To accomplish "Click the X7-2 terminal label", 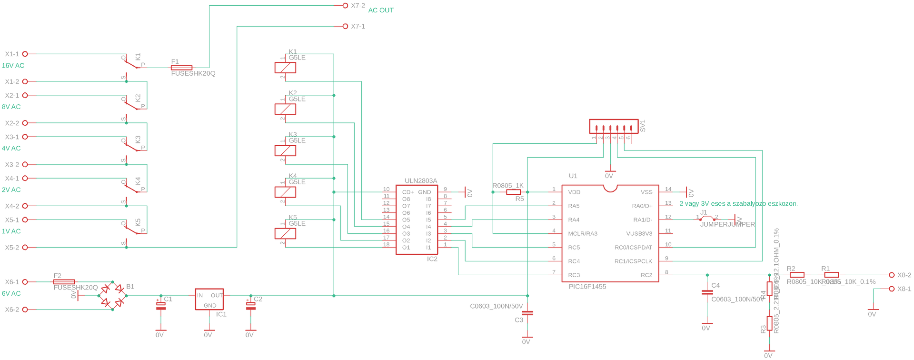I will tap(358, 6).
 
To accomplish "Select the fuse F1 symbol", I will tap(181, 68).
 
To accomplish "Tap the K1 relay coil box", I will tap(285, 68).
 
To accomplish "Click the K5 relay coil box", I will tap(285, 233).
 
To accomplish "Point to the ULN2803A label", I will tap(420, 181).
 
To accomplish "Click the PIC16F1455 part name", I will tap(587, 287).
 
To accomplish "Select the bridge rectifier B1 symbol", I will tap(112, 296).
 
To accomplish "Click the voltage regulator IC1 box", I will tap(209, 299).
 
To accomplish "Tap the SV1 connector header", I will tap(614, 127).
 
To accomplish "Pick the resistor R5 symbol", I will tap(513, 192).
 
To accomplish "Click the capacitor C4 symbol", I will tap(707, 292).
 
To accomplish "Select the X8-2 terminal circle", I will tap(892, 275).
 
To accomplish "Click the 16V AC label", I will tap(13, 66).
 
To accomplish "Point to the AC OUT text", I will tap(381, 10).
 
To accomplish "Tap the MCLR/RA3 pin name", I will tap(582, 234).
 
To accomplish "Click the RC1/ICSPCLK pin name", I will tap(633, 261).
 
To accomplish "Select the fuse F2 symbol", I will tap(64, 282).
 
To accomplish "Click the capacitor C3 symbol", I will tap(527, 313).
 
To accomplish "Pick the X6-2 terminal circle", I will tap(25, 310).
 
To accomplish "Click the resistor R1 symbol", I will tap(831, 275).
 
